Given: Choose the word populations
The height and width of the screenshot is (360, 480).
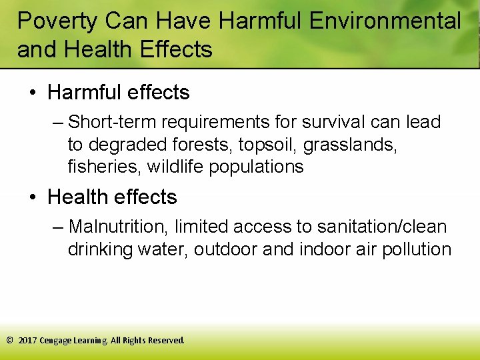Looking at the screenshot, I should [x=256, y=167].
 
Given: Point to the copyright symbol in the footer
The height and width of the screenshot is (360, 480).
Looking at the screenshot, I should [x=9, y=340].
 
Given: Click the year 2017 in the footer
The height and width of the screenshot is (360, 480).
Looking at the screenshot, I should [x=28, y=340].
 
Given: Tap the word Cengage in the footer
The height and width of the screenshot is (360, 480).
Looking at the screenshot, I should [x=58, y=340].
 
